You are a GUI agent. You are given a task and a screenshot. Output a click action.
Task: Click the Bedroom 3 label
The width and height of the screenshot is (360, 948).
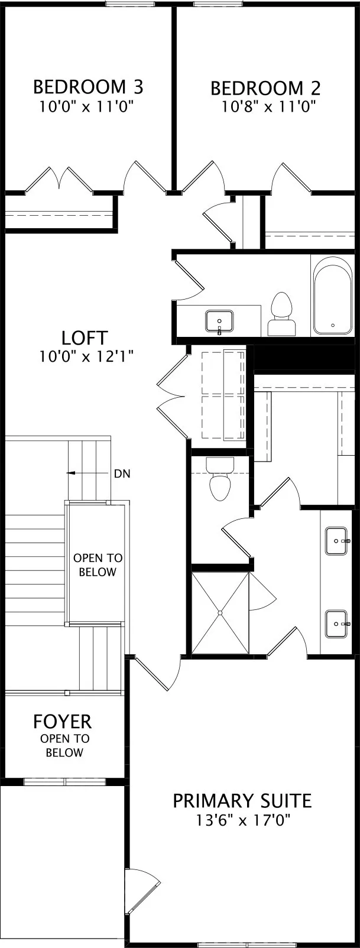coord(88,87)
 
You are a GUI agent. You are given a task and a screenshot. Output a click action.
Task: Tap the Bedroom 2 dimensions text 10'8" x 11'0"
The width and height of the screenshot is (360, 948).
coord(270,107)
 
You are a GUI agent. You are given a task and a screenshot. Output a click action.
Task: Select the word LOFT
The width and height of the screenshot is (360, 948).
coord(85,337)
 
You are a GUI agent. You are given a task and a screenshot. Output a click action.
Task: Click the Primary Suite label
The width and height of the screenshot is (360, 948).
coord(242,801)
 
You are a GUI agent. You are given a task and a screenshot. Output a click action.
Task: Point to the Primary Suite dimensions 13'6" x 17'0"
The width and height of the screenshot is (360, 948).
coord(242,820)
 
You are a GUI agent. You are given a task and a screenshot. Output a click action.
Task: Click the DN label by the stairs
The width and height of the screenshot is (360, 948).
coord(122,473)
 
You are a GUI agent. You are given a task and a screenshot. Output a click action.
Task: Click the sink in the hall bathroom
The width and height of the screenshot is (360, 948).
coord(219,321)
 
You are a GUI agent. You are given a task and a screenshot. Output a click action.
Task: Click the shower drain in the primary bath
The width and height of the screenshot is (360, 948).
coord(220,612)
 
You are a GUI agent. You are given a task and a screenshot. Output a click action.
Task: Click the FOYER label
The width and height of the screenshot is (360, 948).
coord(62,721)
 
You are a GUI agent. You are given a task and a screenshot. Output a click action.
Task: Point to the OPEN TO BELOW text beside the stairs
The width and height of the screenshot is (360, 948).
coord(98,565)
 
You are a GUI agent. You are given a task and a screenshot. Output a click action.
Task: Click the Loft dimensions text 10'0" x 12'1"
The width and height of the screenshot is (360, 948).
coord(86,356)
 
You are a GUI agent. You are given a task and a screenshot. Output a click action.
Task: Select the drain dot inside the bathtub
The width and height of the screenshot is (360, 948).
coord(332,325)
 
